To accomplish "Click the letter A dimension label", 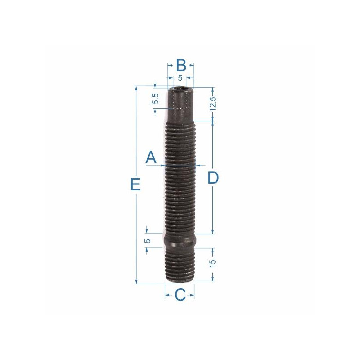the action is [x=151, y=157].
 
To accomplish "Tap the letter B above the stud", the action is [x=181, y=65].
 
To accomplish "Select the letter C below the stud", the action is [x=180, y=295].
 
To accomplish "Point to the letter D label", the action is [x=213, y=178].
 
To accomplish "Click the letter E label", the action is [x=135, y=184].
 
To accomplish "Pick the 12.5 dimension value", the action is [x=213, y=104].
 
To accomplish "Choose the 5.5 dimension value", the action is [x=156, y=99].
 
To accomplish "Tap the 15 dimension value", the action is [x=212, y=263].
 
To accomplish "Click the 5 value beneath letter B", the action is [x=180, y=78].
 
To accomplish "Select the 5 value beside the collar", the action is [x=148, y=241].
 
